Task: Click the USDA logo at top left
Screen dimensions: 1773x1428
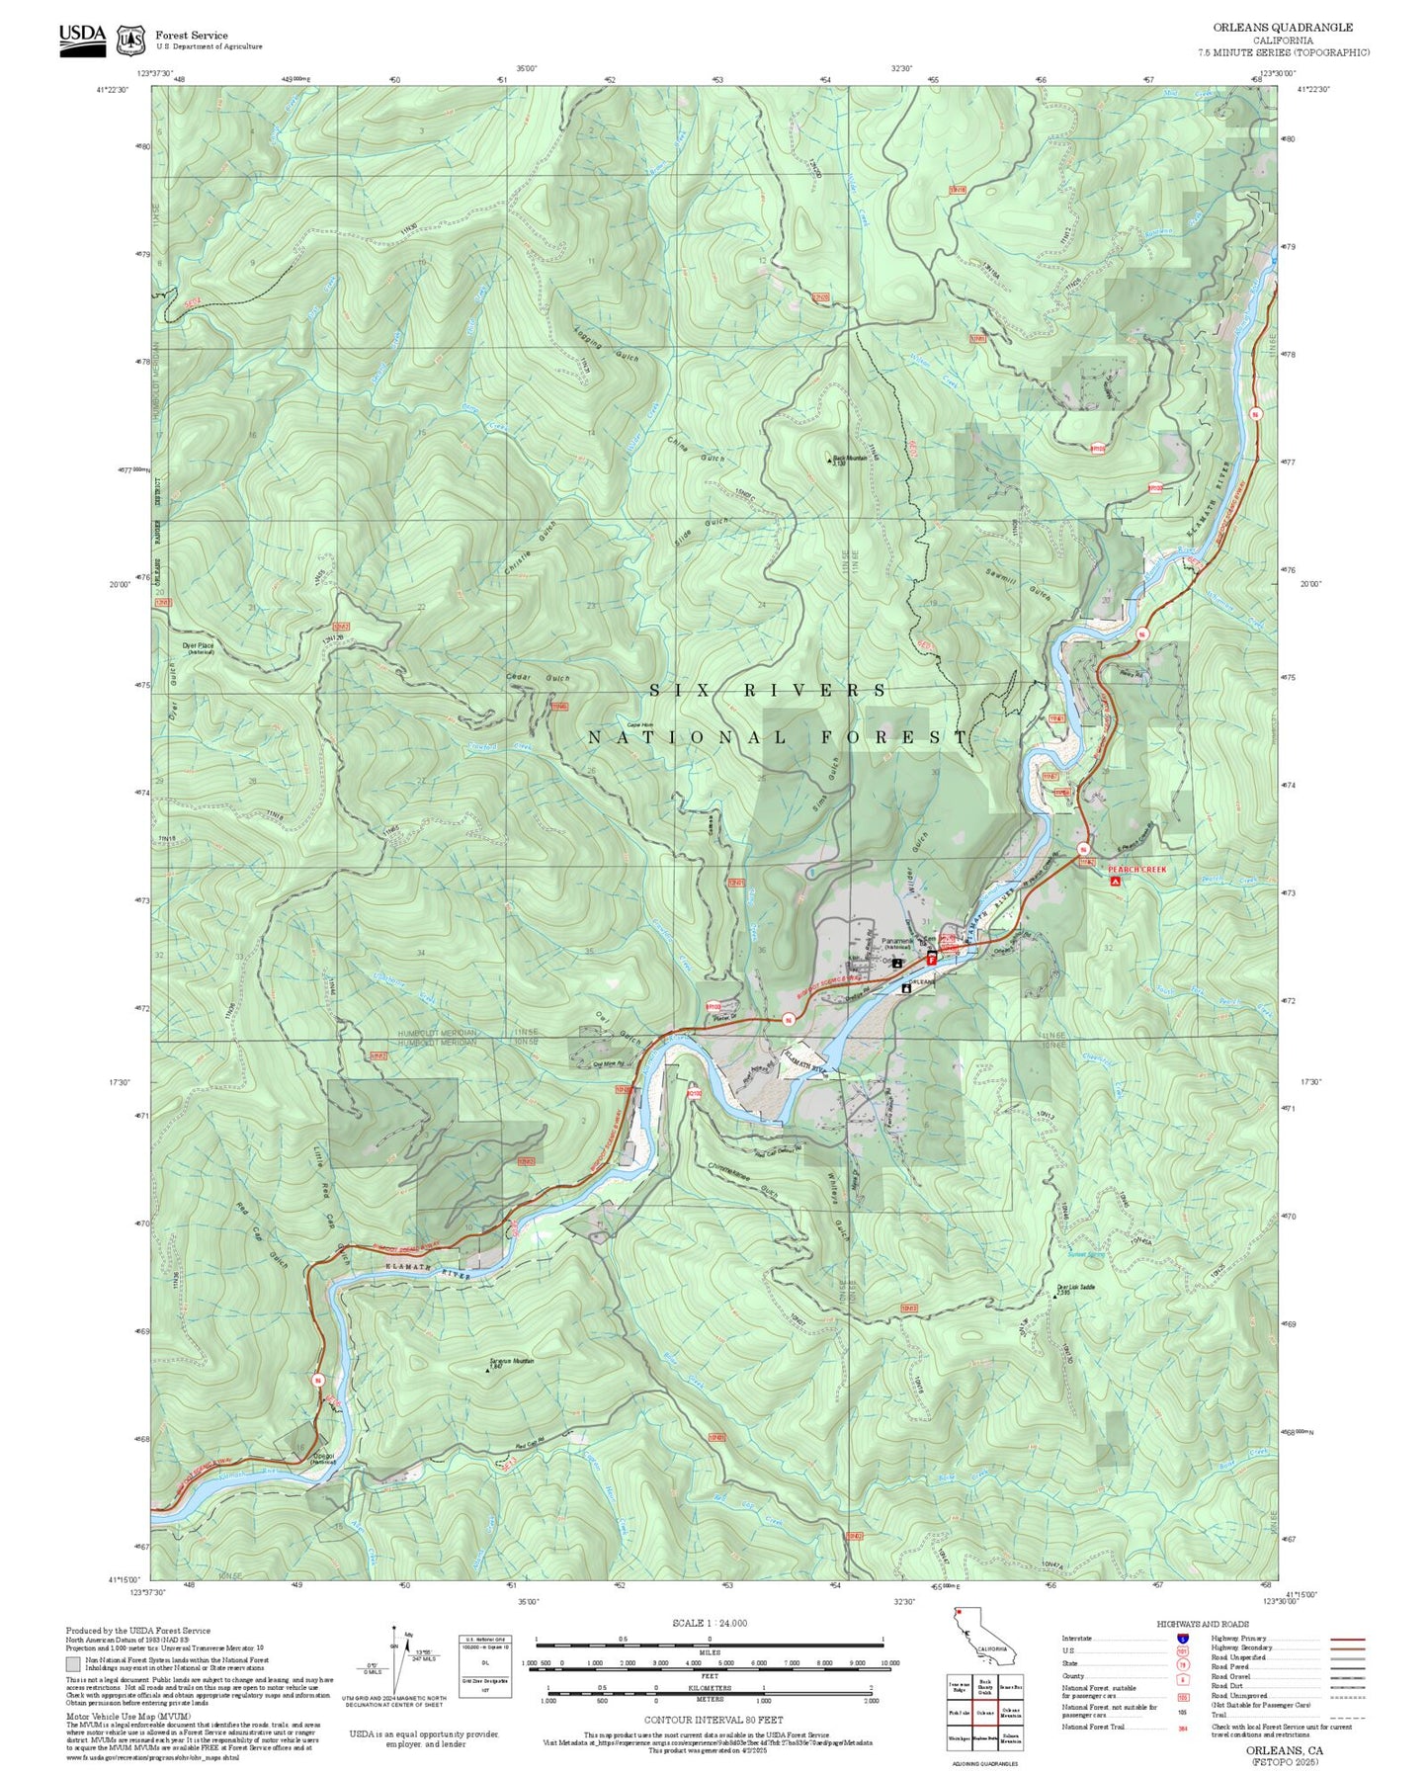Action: (82, 39)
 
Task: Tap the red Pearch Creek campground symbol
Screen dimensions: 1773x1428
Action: (1116, 881)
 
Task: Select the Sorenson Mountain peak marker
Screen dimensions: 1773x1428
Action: (489, 1370)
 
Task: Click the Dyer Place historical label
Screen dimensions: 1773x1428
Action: (199, 648)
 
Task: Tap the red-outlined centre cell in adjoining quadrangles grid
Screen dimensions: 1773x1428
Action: (984, 1713)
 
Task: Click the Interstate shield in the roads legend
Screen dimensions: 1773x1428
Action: (1182, 1638)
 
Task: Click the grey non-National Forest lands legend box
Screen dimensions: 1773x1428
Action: (73, 1664)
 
